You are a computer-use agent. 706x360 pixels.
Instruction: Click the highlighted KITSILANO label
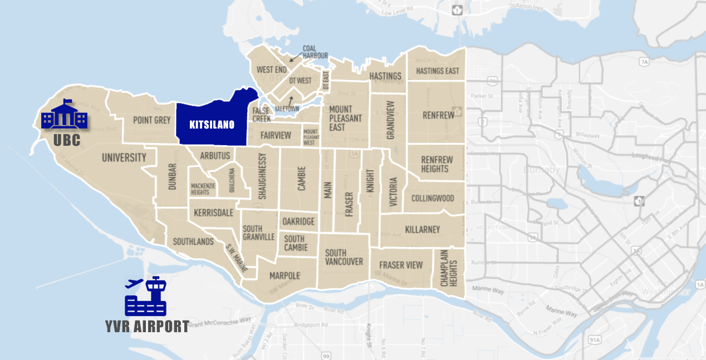[x=212, y=125]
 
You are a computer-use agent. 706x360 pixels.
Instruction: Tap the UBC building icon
[x=65, y=115]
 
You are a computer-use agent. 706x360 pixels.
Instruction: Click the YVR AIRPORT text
[x=147, y=327]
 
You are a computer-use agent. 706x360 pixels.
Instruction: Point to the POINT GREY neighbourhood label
[x=151, y=120]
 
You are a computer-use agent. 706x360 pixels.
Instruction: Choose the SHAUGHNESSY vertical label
[x=263, y=176]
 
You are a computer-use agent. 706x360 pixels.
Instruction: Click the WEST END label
[x=271, y=70]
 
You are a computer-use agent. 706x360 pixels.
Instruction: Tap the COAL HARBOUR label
[x=315, y=52]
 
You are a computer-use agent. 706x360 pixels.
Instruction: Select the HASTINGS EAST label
[x=438, y=71]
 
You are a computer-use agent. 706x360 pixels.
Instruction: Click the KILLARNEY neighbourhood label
[x=422, y=229]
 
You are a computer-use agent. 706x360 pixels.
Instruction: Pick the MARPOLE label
[x=285, y=275]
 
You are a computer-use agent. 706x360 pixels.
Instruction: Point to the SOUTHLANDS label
[x=193, y=241]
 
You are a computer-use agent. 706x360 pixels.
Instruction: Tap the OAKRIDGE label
[x=298, y=221]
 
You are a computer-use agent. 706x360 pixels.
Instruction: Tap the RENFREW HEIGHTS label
[x=437, y=164]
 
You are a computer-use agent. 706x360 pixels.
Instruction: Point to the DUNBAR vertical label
[x=172, y=176]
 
